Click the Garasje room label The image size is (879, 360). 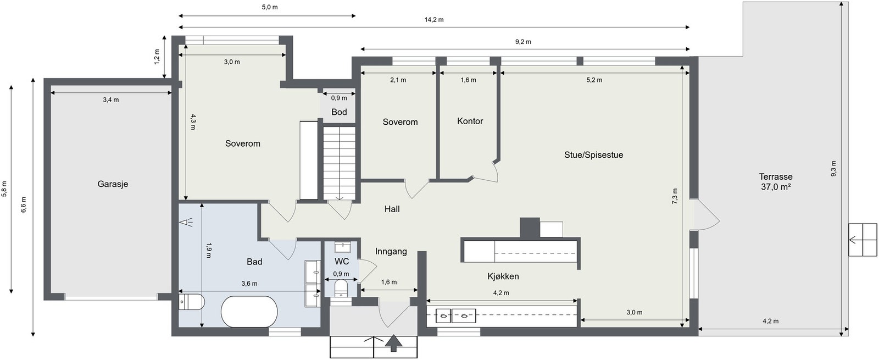(x=113, y=184)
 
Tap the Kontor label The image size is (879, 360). (x=470, y=121)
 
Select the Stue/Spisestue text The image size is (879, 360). (x=593, y=154)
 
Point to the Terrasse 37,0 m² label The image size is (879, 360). (x=775, y=182)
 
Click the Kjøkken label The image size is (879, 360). (x=503, y=276)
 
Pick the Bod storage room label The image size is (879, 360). (x=339, y=112)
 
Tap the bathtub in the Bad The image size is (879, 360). (x=249, y=311)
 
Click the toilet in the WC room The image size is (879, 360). (x=341, y=289)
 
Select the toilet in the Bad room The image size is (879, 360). (x=192, y=302)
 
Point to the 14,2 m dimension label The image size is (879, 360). (x=434, y=20)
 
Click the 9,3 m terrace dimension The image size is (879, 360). (x=833, y=168)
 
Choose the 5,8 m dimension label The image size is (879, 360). (x=4, y=189)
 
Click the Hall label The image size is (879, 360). (x=392, y=209)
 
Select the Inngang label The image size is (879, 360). (x=391, y=251)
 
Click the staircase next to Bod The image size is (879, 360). (x=340, y=163)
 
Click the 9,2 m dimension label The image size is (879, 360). (x=523, y=42)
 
